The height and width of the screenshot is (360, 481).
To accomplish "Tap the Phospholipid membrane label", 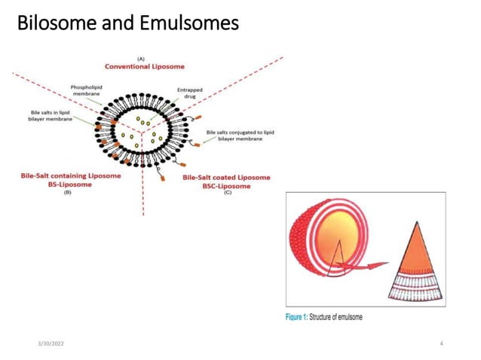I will click(86, 91).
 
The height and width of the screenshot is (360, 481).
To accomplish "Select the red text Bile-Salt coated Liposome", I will click(226, 178).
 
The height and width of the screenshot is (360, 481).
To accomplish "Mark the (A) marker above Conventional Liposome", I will click(141, 58).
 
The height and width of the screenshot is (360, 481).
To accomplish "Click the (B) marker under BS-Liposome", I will click(67, 193).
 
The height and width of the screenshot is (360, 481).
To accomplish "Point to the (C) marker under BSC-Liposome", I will click(227, 194).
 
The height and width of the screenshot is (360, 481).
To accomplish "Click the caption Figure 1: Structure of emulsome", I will click(324, 317).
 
